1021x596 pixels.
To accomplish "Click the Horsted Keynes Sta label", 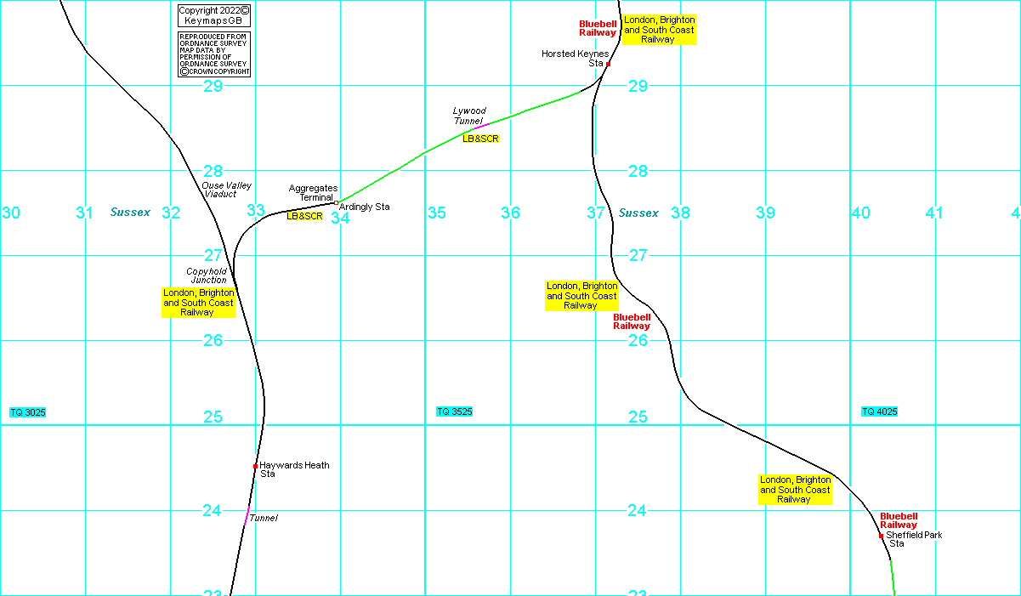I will (x=575, y=58).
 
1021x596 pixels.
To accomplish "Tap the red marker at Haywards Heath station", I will (x=255, y=466).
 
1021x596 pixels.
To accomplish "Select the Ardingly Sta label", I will (x=364, y=207).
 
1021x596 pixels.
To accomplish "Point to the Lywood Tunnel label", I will (x=469, y=116).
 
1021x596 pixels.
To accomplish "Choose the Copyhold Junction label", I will (x=207, y=275).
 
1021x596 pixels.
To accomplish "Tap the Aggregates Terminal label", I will (x=313, y=192).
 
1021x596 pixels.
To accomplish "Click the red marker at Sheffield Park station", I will (x=882, y=536).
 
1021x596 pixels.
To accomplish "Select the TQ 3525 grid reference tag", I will (x=455, y=412).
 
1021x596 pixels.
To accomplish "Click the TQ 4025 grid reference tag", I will (x=880, y=412).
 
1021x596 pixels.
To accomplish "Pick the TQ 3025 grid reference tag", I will (x=28, y=412).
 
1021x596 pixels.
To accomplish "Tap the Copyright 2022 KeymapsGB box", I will (x=214, y=15).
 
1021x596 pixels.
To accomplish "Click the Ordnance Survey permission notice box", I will (x=214, y=54).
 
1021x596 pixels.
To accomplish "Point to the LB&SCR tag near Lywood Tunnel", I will (x=480, y=139).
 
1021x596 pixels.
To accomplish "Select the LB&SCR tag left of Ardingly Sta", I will (x=304, y=216).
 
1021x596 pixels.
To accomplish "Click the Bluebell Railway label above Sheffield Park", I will (x=899, y=520).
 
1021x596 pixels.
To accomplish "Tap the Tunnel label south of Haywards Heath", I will (x=264, y=518).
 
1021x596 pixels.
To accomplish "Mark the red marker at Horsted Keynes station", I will (x=608, y=64).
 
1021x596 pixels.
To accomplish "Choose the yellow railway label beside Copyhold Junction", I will (x=198, y=303).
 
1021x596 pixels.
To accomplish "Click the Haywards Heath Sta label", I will (x=294, y=469).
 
